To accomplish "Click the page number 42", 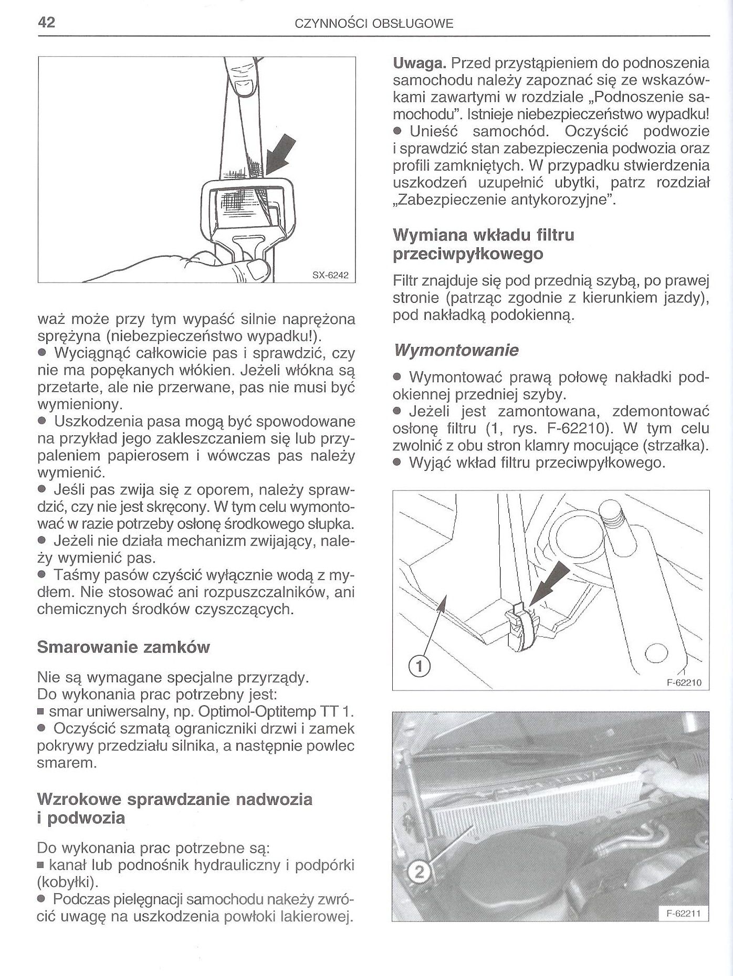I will coord(47,23).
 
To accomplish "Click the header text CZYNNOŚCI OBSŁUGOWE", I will coord(374,24).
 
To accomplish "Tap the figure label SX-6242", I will coord(330,275).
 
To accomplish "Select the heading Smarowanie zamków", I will coord(123,647).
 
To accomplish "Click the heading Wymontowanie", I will coord(456,350).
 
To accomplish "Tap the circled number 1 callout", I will coord(419,667).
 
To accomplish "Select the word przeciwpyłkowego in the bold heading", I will coord(468,254).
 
